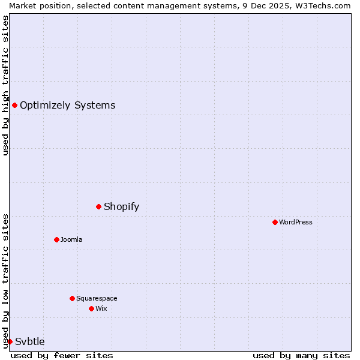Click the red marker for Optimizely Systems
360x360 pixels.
click(14, 106)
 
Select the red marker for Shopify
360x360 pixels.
click(98, 207)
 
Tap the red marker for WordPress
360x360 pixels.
click(275, 222)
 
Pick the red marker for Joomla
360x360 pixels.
click(56, 239)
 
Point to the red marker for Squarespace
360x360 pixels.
click(72, 298)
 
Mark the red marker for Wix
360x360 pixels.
click(91, 308)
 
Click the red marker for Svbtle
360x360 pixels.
click(10, 341)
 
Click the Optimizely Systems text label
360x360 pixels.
click(67, 106)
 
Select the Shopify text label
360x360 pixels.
click(121, 207)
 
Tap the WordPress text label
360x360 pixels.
click(295, 222)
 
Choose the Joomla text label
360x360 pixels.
click(71, 239)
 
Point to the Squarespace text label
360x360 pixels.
click(97, 298)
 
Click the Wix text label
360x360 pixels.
click(101, 308)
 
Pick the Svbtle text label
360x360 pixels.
click(30, 341)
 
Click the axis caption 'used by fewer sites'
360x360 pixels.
click(62, 355)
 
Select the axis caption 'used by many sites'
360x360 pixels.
click(301, 355)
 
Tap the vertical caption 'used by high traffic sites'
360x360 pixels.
click(5, 85)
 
